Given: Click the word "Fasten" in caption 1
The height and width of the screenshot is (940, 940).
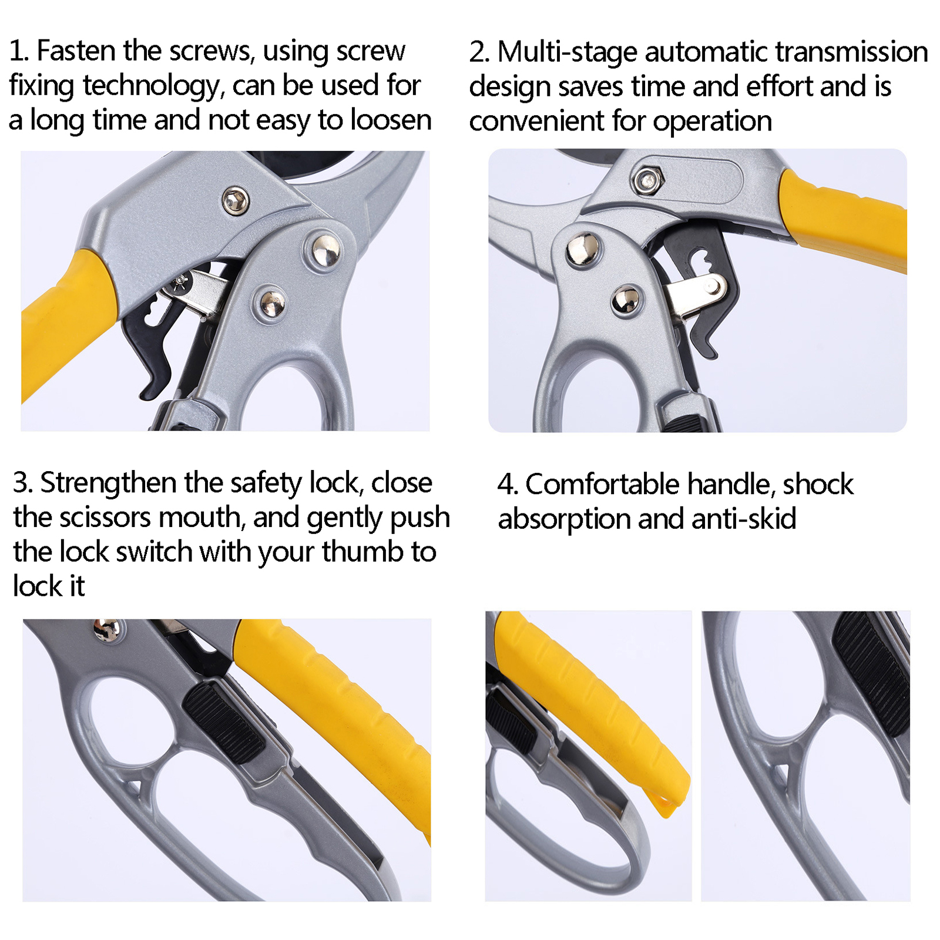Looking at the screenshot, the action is click(76, 51).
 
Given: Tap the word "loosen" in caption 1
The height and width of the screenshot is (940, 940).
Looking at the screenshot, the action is click(391, 120).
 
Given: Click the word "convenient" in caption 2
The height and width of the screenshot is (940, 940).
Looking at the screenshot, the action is click(536, 121).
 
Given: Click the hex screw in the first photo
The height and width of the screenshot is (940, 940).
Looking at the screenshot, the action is click(236, 201).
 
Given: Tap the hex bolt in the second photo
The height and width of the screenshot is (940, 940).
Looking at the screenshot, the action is click(647, 180).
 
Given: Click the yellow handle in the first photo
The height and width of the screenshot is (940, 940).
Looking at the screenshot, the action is click(65, 326).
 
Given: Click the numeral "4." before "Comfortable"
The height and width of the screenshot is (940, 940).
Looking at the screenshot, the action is click(508, 485).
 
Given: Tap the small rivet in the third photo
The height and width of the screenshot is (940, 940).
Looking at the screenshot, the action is click(106, 630).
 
